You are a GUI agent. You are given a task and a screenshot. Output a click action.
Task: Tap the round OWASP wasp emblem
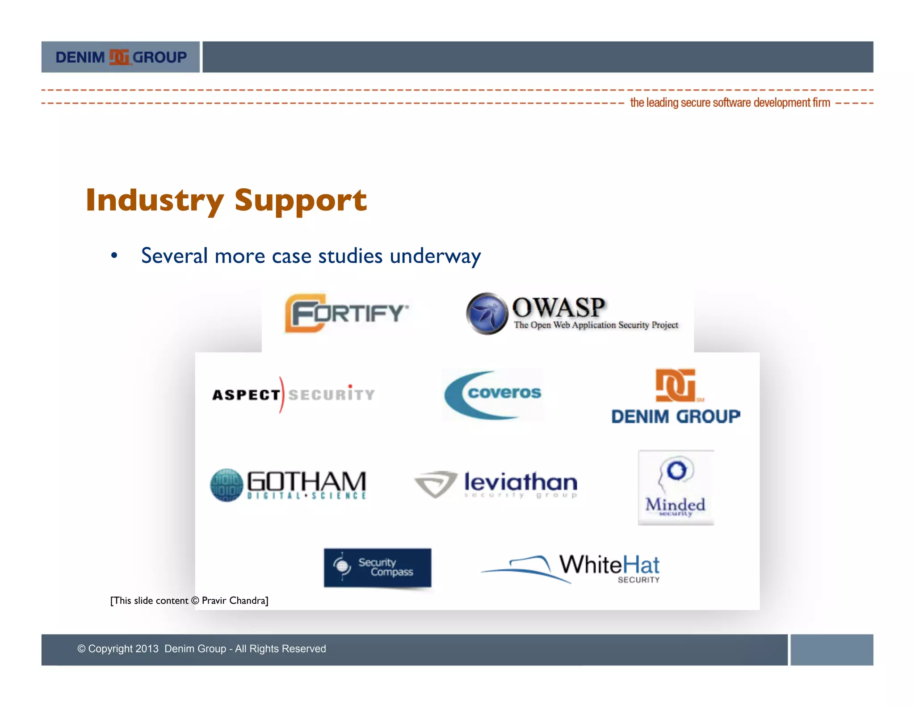click(x=487, y=313)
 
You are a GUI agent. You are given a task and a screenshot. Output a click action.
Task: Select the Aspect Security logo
click(x=293, y=395)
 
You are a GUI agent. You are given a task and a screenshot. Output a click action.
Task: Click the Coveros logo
click(x=493, y=395)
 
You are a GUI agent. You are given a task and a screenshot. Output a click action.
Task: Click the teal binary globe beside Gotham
click(x=227, y=485)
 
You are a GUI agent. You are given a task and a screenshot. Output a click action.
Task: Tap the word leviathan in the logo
click(x=520, y=482)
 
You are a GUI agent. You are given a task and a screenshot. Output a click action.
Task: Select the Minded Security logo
click(x=676, y=488)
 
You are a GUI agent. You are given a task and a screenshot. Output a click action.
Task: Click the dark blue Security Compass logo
click(x=378, y=567)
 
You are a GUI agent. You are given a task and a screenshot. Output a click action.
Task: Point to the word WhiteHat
click(x=609, y=564)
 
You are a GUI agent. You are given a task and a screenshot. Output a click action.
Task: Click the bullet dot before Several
click(x=114, y=256)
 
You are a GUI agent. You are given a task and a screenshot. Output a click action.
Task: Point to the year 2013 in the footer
click(x=147, y=648)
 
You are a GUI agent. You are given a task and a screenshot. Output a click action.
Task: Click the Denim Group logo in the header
click(x=121, y=57)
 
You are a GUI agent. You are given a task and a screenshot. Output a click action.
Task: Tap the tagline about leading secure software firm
click(x=730, y=103)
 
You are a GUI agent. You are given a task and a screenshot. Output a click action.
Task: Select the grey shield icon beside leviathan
click(x=436, y=484)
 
